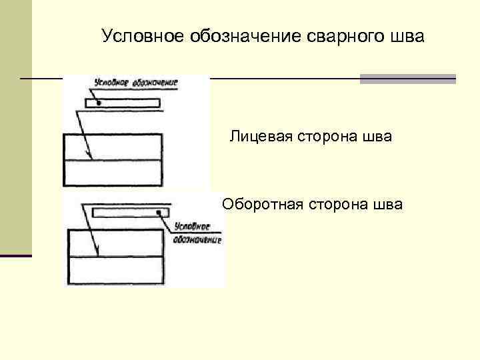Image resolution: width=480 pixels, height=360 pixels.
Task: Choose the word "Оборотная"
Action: (x=263, y=204)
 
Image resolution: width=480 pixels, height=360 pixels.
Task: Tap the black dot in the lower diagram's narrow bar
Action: (x=160, y=213)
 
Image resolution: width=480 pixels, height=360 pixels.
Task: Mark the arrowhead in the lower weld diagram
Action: (x=97, y=253)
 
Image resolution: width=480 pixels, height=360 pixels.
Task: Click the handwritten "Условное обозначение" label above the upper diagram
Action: (x=135, y=84)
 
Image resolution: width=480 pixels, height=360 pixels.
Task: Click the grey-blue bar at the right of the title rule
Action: (x=407, y=79)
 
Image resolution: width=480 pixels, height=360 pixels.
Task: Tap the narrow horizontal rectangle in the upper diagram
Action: (x=123, y=103)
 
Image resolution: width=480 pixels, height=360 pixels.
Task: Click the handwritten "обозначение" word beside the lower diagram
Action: (x=197, y=239)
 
